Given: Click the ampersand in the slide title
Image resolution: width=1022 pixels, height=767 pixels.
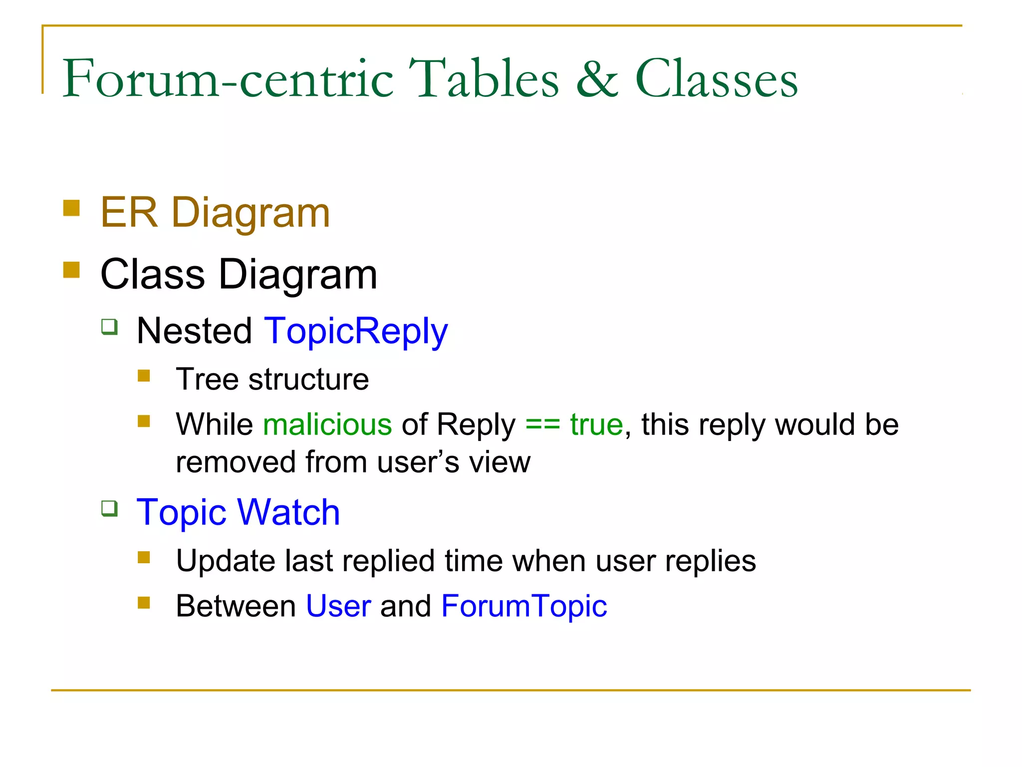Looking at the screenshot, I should click(597, 79).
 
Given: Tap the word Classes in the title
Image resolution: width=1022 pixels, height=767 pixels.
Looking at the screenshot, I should click(716, 79).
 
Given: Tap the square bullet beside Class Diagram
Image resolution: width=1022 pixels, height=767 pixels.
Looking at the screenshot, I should click(72, 270).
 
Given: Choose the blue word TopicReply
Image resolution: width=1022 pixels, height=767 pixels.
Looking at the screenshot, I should click(356, 332).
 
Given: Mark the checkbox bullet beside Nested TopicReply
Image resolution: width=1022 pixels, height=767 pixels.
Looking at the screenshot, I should click(109, 327).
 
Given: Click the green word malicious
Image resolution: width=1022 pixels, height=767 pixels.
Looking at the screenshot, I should click(327, 424).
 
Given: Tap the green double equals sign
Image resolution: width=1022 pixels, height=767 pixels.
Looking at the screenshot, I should click(542, 425).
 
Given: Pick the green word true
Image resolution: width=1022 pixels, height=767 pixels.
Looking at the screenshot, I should click(596, 424).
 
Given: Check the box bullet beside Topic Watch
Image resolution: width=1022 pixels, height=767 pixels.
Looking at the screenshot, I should click(109, 509).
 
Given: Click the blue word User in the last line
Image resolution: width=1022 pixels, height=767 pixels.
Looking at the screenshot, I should click(338, 606).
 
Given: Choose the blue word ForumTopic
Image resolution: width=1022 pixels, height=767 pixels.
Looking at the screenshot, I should click(524, 606).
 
